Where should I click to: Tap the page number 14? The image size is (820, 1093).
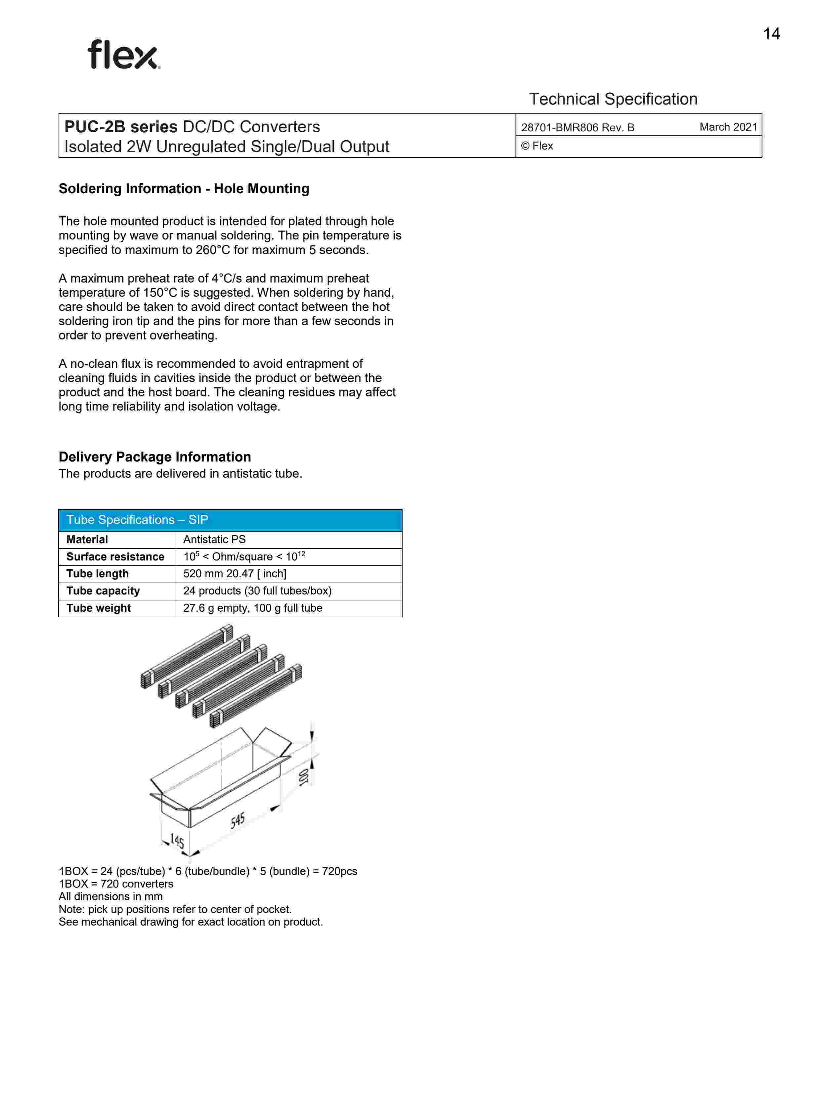click(771, 34)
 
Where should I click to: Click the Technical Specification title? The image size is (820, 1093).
click(613, 99)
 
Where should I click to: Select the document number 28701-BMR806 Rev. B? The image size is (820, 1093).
click(578, 127)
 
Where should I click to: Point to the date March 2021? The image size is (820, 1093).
click(728, 127)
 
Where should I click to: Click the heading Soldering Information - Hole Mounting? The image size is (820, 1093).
click(184, 189)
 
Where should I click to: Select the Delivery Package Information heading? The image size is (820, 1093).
click(154, 457)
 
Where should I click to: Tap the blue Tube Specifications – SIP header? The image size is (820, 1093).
click(230, 520)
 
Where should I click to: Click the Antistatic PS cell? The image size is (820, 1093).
click(214, 540)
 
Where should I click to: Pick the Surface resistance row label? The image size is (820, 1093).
click(115, 557)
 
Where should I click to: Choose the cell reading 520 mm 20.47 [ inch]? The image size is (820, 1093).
click(235, 574)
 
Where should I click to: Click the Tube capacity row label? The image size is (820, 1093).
click(103, 591)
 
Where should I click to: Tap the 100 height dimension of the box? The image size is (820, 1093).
click(304, 777)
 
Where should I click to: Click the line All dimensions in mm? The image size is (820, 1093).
click(111, 896)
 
